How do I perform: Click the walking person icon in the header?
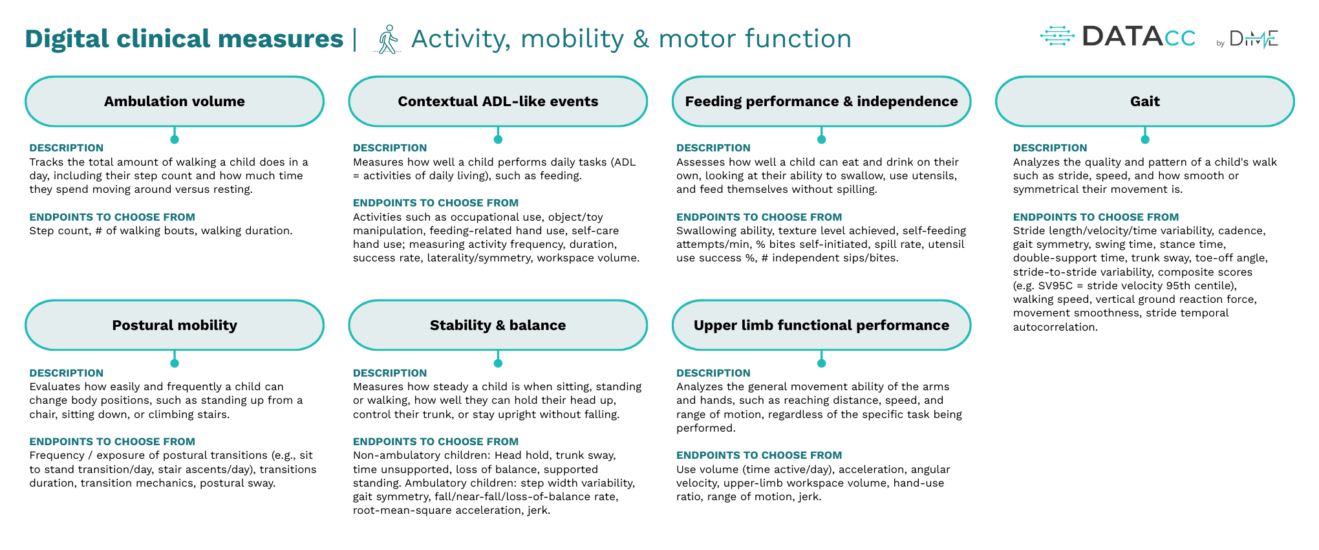[388, 39]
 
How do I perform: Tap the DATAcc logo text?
[1138, 37]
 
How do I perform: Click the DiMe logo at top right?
[1253, 39]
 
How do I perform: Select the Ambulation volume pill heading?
[175, 102]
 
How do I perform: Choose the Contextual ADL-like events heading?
[498, 102]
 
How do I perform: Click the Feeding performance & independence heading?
[821, 102]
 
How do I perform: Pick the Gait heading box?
[1144, 102]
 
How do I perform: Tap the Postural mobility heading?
[175, 325]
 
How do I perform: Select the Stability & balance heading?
[498, 325]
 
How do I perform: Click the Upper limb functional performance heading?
[821, 325]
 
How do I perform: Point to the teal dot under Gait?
[1145, 139]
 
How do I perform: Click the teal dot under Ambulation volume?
[175, 139]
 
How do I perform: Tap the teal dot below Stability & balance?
[498, 363]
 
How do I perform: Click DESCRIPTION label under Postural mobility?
[66, 373]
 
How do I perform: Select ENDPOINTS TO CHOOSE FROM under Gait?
[1095, 217]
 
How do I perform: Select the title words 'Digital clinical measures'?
[184, 39]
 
